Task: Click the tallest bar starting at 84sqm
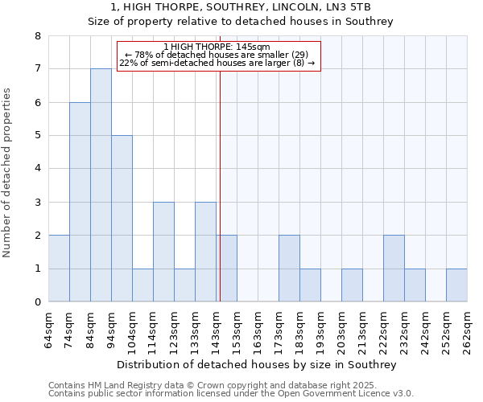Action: [101, 185]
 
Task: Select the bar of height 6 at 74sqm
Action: [80, 202]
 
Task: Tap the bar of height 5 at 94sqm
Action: [122, 219]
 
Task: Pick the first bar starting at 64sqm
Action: [59, 269]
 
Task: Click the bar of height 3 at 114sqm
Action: [163, 252]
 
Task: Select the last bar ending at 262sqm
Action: [456, 285]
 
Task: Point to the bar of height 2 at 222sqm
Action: [394, 269]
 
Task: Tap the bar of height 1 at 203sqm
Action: [352, 285]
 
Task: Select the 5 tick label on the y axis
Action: [37, 136]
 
